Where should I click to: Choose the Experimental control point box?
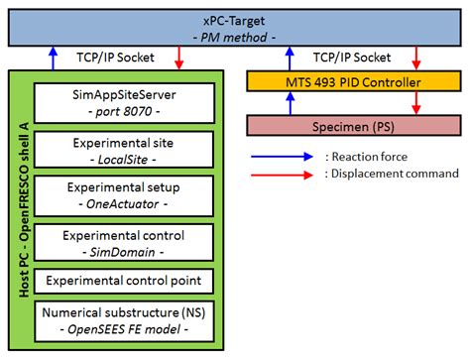(x=124, y=280)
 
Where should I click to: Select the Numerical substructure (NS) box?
(x=124, y=320)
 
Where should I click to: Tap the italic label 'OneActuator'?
(x=125, y=204)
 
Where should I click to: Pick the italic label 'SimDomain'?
(x=125, y=250)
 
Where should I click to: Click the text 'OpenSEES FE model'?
(x=125, y=329)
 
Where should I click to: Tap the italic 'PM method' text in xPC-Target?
(x=234, y=35)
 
